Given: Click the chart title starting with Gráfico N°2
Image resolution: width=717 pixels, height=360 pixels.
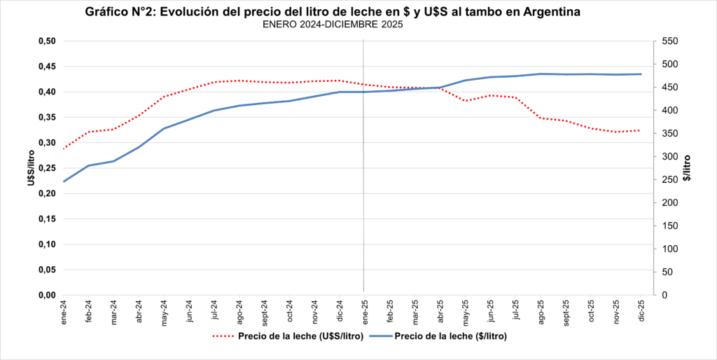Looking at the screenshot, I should point(332,13).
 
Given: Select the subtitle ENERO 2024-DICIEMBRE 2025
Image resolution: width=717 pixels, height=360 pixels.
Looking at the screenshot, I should point(333,25).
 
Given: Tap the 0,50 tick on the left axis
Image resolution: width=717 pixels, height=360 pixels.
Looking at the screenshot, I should point(47,41).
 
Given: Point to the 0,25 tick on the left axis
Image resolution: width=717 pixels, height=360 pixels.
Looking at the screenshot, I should point(47,168).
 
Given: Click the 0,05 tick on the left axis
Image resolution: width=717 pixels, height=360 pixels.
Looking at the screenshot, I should point(47,270).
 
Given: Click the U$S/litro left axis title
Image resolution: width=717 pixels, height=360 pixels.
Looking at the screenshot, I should point(30,168).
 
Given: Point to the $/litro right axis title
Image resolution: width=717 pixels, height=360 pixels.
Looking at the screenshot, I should point(688,168).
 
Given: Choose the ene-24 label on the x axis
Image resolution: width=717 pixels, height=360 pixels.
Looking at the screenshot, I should point(64,310).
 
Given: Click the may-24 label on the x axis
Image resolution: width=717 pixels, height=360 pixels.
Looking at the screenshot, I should point(165,310).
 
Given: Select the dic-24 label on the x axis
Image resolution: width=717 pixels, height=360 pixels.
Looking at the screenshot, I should point(340,309).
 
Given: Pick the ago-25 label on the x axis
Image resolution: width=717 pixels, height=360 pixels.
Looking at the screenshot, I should point(541,310).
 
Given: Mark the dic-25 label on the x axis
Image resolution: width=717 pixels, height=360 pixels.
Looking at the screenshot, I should point(641,309).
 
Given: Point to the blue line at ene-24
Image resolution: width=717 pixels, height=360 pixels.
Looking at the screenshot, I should point(64,182).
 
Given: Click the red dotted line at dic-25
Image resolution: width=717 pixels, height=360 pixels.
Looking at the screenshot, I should point(640,130).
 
